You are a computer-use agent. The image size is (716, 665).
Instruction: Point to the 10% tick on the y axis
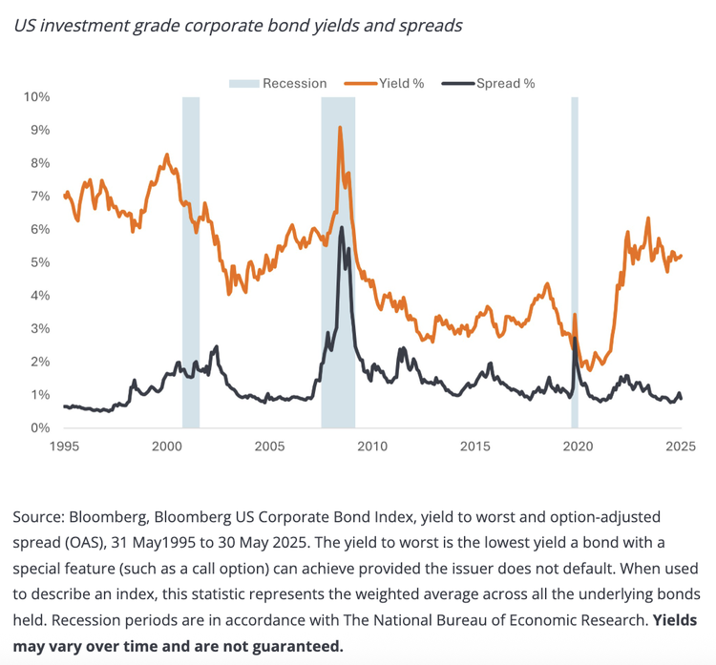tap(37, 97)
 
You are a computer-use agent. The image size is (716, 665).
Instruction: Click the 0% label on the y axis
tap(40, 427)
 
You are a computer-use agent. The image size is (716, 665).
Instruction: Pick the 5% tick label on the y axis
tap(40, 262)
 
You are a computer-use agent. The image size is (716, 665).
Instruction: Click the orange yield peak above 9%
tap(340, 128)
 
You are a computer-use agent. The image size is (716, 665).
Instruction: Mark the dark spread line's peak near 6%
tap(342, 228)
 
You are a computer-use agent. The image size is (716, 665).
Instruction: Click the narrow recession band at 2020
tap(575, 262)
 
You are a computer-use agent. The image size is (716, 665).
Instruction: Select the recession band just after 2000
tap(191, 262)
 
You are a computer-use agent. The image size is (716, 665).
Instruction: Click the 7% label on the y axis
tap(40, 197)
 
